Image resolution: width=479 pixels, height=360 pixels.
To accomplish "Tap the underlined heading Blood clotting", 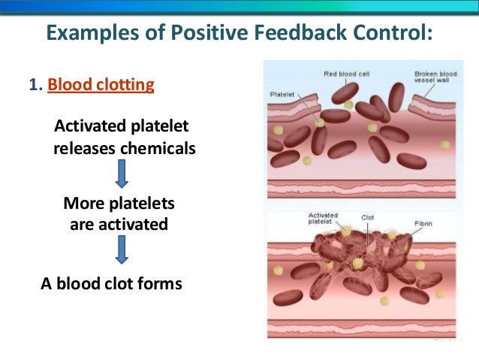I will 101,84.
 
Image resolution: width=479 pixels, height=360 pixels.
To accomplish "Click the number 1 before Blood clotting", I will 33,84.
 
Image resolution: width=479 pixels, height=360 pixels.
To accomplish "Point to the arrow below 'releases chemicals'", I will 122,174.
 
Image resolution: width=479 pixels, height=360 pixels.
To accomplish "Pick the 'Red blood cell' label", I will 348,74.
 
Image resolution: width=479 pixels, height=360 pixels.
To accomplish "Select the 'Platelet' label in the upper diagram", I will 283,94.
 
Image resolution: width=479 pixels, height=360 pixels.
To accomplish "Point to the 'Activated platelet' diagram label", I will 322,219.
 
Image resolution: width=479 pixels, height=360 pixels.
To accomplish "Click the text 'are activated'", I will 119,224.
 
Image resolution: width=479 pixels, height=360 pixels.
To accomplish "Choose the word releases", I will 86,148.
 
